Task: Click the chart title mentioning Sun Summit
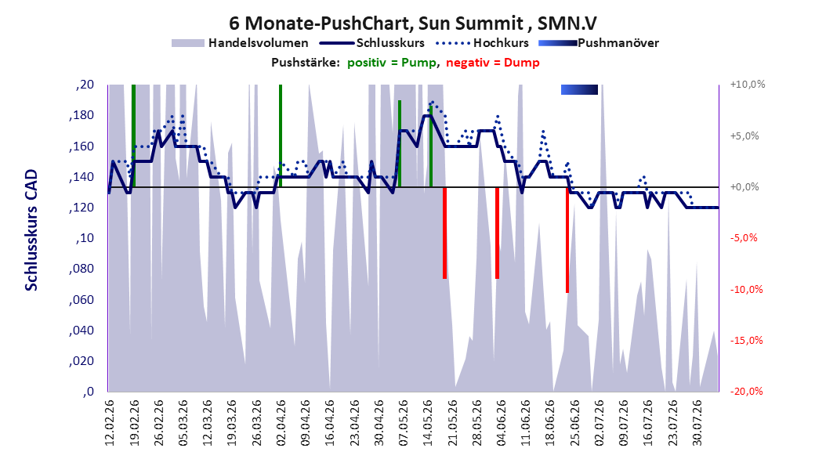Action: [413, 23]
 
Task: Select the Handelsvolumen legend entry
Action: [241, 43]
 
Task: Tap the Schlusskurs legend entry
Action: [372, 43]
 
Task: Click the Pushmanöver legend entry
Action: [599, 43]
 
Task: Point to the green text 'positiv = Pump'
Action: [392, 63]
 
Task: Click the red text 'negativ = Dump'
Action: [493, 63]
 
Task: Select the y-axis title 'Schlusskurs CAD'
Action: [31, 230]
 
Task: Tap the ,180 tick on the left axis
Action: [82, 115]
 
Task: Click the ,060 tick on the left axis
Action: [82, 299]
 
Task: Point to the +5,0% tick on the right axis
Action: [744, 136]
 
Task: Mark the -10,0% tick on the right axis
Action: [746, 290]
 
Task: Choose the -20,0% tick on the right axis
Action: [746, 391]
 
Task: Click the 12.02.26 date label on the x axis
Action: [110, 423]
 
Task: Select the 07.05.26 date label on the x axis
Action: [404, 423]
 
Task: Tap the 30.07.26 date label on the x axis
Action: [697, 423]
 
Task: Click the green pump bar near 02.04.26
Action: [281, 136]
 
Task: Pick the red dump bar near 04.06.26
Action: [498, 233]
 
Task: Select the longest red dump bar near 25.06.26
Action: [567, 240]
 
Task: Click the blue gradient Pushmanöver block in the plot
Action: [579, 89]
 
